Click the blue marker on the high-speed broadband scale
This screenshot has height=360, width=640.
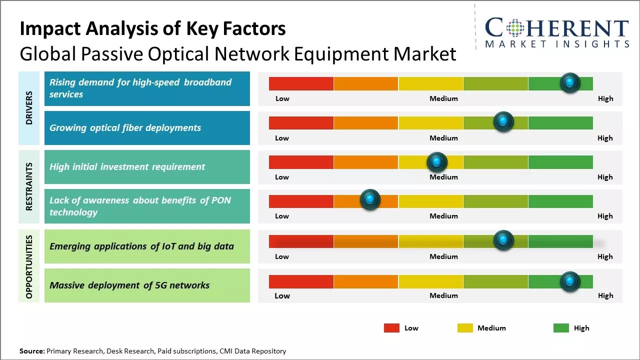click(x=570, y=82)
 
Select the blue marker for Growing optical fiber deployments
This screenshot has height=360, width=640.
click(x=503, y=121)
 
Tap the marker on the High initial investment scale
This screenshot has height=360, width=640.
click(x=437, y=161)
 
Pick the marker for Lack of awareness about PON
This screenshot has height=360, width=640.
click(x=370, y=200)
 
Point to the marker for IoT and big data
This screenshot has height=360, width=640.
click(x=503, y=240)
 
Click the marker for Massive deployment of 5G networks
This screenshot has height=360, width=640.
click(x=570, y=281)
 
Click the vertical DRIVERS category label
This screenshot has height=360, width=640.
click(x=29, y=107)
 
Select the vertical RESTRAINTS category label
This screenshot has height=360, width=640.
click(x=29, y=186)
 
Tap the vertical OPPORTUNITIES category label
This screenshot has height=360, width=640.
click(x=29, y=266)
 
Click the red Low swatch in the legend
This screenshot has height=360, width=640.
click(x=391, y=328)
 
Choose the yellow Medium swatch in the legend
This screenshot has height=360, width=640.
click(x=465, y=328)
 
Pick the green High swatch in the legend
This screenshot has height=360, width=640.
click(x=561, y=328)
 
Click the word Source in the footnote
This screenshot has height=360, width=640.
click(x=32, y=351)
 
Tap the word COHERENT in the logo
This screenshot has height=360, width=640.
click(x=556, y=28)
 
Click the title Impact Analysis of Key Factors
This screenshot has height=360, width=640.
click(x=152, y=29)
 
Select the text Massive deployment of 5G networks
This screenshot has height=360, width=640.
click(x=129, y=285)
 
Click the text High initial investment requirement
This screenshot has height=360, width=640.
click(x=127, y=167)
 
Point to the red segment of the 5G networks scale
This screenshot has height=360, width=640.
click(x=301, y=281)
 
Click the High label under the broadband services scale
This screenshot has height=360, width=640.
click(x=605, y=98)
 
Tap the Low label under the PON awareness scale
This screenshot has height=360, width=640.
click(x=282, y=216)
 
